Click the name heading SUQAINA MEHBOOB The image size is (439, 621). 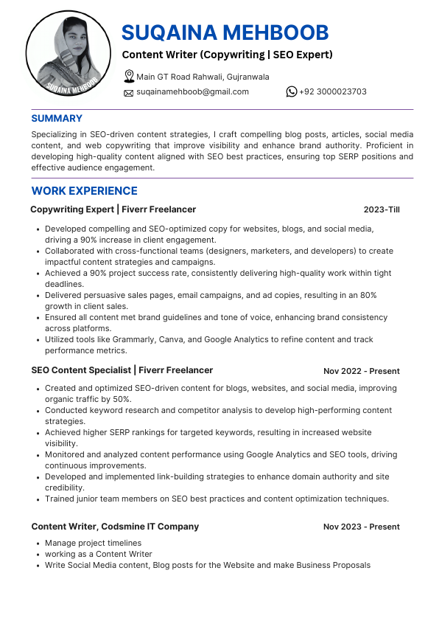225,32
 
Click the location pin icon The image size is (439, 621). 129,76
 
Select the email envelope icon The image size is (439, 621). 129,92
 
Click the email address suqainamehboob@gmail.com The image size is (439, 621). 192,91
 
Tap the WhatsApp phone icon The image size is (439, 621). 292,91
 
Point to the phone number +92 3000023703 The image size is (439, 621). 332,91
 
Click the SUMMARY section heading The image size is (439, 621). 57,118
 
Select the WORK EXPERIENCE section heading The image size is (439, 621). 84,191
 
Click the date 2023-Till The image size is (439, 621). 382,209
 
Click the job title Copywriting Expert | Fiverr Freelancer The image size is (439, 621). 113,209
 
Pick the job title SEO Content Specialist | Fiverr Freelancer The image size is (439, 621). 122,370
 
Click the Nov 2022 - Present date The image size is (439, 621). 361,370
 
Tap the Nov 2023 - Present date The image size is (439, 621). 361,527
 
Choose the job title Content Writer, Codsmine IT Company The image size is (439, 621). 115,527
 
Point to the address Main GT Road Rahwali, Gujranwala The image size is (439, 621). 203,77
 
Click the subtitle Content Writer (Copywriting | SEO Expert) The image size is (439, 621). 227,55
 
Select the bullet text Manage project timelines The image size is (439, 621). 93,543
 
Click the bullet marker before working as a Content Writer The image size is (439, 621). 38,554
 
